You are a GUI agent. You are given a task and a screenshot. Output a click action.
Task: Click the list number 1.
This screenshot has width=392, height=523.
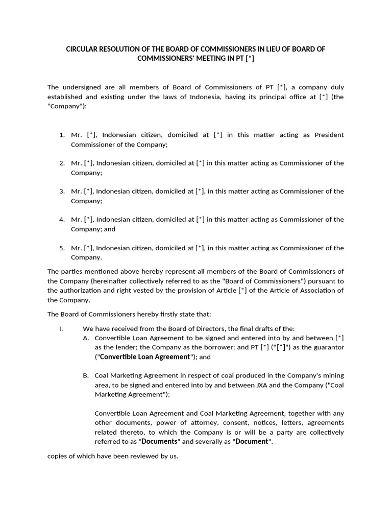(x=61, y=135)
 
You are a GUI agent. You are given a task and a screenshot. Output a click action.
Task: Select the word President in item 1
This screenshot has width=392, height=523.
(x=329, y=135)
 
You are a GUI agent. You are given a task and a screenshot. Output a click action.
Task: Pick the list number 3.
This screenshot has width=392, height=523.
(x=61, y=192)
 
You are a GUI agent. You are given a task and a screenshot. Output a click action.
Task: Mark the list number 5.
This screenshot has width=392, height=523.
(x=61, y=248)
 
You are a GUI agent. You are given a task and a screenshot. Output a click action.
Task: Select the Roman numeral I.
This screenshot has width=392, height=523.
(x=61, y=328)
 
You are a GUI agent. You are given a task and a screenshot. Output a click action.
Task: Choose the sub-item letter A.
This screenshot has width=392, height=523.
(x=85, y=338)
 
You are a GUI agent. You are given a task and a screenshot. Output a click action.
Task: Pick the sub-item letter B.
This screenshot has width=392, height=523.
(x=85, y=375)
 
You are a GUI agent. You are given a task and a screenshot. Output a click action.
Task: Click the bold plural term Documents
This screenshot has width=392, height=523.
(x=159, y=441)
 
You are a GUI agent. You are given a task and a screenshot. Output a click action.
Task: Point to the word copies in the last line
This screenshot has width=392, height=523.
(x=57, y=456)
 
